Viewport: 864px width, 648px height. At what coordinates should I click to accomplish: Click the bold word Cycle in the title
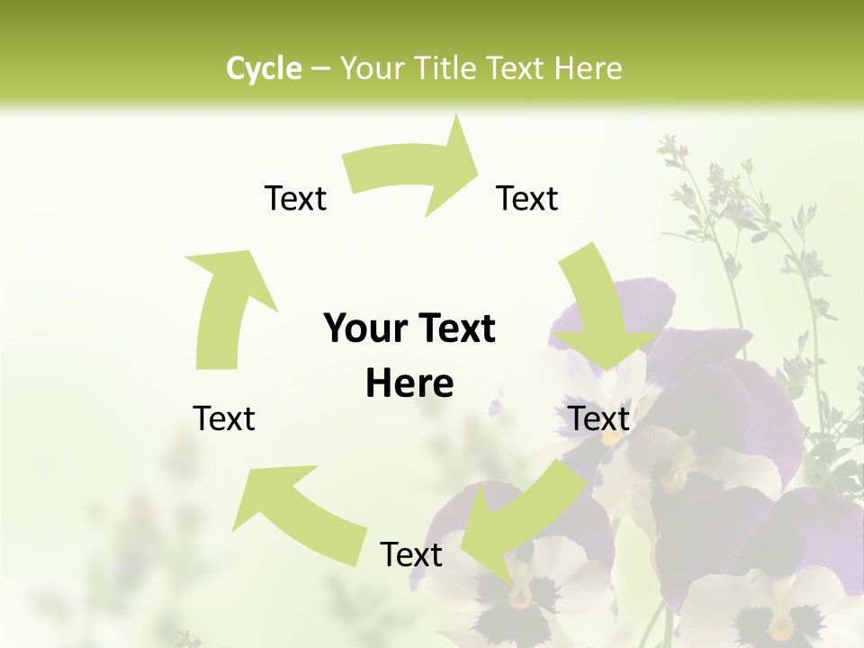point(264,68)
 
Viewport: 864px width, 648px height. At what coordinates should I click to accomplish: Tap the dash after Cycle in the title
point(320,68)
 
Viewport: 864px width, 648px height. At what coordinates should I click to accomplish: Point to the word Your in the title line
point(372,68)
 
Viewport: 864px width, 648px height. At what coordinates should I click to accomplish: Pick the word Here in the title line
point(592,68)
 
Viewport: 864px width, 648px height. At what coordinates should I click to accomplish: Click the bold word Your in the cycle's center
point(364,328)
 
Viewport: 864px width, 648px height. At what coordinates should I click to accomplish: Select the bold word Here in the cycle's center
point(409,384)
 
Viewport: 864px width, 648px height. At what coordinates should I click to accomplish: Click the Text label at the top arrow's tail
point(295,198)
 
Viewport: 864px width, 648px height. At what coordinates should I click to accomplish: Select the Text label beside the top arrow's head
point(527,198)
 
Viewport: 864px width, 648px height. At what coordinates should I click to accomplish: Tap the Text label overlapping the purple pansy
point(599,418)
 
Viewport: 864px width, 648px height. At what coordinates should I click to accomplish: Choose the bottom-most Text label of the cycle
point(411,554)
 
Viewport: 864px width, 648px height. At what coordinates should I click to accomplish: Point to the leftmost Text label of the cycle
point(225,418)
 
